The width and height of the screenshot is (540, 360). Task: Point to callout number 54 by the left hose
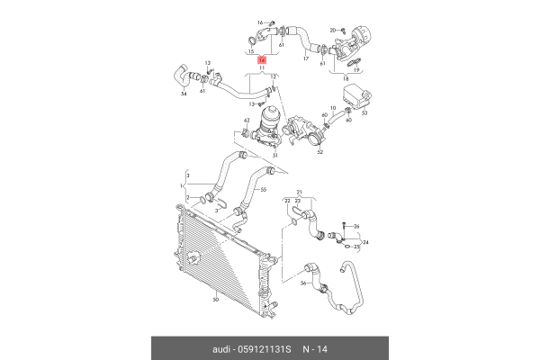pyautogui.click(x=184, y=92)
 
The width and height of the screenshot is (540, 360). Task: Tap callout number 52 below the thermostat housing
pyautogui.click(x=319, y=152)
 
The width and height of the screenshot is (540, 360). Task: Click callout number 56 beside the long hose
pyautogui.click(x=303, y=283)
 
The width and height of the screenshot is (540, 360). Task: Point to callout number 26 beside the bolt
pyautogui.click(x=355, y=225)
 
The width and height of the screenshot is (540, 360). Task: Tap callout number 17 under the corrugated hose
pyautogui.click(x=306, y=59)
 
